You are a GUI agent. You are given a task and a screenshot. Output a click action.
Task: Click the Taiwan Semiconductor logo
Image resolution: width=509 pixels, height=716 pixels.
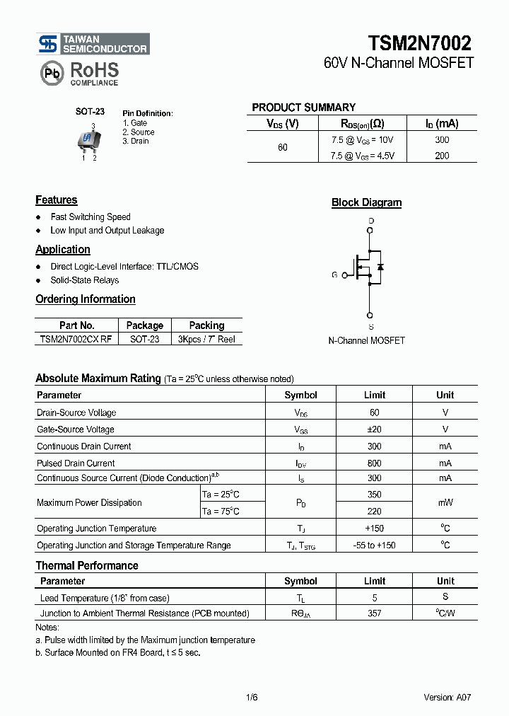(x=93, y=44)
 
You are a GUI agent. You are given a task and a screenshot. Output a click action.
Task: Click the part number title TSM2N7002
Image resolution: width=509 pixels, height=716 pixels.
(x=420, y=43)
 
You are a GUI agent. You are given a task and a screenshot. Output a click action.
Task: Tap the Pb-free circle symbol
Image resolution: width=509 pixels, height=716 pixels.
(x=52, y=73)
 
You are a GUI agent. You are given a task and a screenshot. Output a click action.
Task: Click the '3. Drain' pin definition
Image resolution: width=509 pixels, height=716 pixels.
(x=136, y=142)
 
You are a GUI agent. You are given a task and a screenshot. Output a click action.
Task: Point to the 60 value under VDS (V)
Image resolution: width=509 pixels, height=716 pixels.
(x=283, y=148)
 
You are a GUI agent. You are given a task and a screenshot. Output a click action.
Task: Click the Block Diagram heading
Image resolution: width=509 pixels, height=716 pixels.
(x=366, y=203)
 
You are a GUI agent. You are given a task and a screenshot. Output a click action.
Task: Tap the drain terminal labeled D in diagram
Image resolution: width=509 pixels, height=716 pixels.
(x=370, y=221)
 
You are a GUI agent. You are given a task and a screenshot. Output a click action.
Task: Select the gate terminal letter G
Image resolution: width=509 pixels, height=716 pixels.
(x=334, y=275)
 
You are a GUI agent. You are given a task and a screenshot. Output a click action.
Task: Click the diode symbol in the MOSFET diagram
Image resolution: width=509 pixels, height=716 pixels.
(x=380, y=267)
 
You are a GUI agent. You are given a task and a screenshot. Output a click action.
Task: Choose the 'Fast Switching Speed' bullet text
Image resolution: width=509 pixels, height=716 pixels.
(x=90, y=217)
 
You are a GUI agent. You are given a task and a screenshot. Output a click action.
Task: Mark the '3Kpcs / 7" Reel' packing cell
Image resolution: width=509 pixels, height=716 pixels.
(x=206, y=340)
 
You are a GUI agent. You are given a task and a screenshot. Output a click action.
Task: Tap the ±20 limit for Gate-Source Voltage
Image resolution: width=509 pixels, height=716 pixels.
(x=374, y=429)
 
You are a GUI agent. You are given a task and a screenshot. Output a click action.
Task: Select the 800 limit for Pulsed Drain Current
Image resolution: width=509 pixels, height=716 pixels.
(x=374, y=463)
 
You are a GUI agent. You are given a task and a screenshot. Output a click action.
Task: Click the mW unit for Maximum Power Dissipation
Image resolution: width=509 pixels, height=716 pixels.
(x=445, y=503)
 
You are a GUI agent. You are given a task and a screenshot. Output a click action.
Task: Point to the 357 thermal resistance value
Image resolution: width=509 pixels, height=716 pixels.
(x=374, y=613)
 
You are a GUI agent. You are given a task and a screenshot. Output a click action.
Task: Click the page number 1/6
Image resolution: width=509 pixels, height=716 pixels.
(x=252, y=698)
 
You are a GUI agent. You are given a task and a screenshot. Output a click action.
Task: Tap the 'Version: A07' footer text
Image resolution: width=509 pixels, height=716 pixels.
(x=447, y=698)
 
